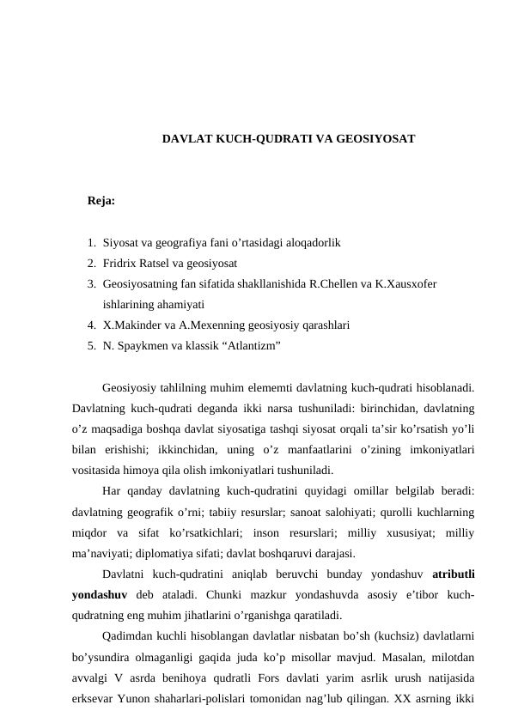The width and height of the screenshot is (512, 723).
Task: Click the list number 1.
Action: coord(90,243)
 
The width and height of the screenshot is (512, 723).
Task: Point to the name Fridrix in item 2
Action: coord(120,264)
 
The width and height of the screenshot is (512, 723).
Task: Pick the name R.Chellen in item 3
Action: coord(332,283)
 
